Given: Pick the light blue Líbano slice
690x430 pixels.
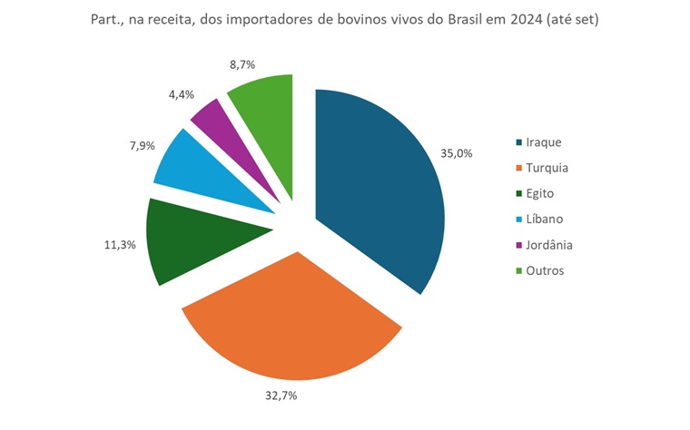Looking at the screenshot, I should coord(200,172).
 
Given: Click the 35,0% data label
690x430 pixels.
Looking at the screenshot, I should coord(457,153).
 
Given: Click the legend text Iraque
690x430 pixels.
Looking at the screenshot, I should coord(545,142).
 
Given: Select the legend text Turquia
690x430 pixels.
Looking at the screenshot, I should coord(547,168).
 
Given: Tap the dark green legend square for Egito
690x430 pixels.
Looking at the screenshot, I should coord(518,194).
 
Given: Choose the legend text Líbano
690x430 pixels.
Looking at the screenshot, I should coord(546,220).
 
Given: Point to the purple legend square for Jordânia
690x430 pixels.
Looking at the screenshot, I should coord(518,245).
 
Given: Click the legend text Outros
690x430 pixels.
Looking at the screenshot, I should coord(546,270).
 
